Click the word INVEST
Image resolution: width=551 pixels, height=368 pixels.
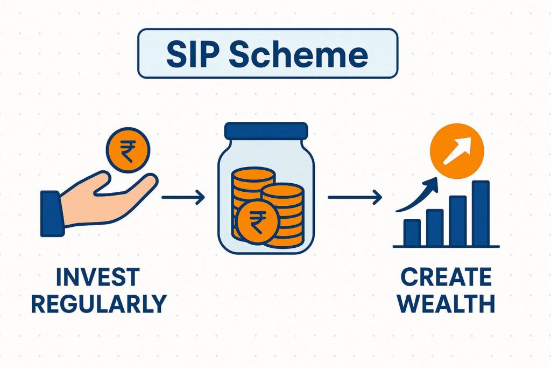(x=98, y=277)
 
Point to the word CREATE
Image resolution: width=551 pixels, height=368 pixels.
(x=446, y=277)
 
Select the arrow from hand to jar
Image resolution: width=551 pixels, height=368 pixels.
(x=183, y=198)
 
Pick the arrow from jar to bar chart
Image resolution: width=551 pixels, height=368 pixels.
(x=354, y=198)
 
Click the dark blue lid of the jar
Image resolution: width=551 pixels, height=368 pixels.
(x=266, y=131)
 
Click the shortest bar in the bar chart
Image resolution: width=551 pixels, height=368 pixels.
(x=412, y=232)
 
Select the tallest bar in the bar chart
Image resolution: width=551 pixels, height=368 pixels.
(x=481, y=213)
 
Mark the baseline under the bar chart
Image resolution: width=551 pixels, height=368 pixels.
(x=446, y=247)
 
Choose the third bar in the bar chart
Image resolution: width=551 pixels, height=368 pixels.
(x=457, y=221)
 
